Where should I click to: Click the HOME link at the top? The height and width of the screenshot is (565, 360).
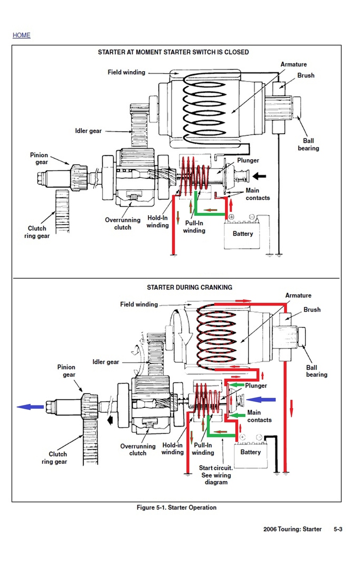[x=21, y=35]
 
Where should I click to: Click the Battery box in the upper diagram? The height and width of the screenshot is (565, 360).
[x=243, y=234]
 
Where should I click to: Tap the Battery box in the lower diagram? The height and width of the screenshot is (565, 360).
[x=250, y=452]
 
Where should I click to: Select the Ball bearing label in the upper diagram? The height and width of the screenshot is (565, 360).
[x=308, y=145]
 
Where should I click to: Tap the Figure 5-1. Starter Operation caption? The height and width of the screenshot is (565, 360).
[x=176, y=508]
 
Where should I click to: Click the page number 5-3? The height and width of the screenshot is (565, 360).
[x=338, y=529]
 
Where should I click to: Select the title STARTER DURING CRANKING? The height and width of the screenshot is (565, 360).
[x=189, y=287]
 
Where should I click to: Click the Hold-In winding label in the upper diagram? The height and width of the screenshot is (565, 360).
[x=158, y=222]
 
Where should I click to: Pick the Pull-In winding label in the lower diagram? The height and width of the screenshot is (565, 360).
[x=203, y=449]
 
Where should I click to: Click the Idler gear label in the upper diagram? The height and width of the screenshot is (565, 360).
[x=88, y=131]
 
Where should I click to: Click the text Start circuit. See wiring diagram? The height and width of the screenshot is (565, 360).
[x=216, y=475]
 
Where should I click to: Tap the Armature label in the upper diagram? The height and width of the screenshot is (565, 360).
[x=294, y=65]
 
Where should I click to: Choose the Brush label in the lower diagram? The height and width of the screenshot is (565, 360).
[x=312, y=310]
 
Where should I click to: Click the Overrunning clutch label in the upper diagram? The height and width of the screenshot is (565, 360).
[x=123, y=224]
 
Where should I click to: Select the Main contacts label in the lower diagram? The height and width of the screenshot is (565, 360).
[x=260, y=416]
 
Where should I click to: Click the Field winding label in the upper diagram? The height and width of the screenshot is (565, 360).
[x=127, y=73]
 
